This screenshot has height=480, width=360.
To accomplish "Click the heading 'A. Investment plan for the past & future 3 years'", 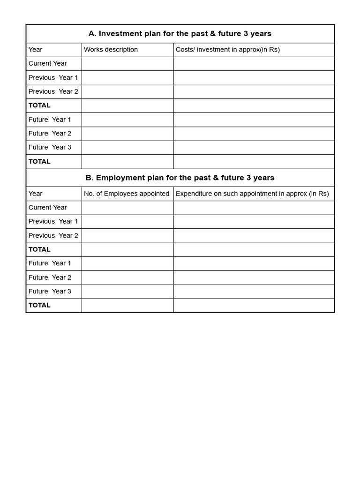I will click(x=180, y=34).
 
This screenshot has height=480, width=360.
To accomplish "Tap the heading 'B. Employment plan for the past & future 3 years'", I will click(x=180, y=178).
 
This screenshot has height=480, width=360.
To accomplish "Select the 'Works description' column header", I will click(x=111, y=50).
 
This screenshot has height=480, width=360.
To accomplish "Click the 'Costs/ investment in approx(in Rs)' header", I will click(x=227, y=50).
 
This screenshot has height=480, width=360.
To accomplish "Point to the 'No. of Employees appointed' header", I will click(x=127, y=194).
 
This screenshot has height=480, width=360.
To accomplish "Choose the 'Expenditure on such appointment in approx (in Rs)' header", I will click(x=252, y=194).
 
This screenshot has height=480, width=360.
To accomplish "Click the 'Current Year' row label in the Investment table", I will click(x=47, y=63).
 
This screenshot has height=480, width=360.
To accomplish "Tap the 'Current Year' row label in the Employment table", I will click(x=47, y=207).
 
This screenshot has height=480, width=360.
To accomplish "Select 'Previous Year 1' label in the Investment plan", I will click(x=53, y=77).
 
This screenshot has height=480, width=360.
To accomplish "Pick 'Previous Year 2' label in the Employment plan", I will click(x=53, y=235).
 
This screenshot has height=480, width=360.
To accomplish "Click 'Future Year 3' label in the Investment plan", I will click(x=50, y=147).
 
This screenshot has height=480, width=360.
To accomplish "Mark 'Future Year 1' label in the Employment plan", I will click(x=50, y=263).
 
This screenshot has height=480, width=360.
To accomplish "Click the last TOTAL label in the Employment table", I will click(x=39, y=305).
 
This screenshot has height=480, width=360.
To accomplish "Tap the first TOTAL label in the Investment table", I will click(x=39, y=105).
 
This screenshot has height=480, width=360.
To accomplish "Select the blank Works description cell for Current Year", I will click(x=127, y=63).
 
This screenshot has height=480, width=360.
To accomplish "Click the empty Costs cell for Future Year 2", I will click(x=254, y=133).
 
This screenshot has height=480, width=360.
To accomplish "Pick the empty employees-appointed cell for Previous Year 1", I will click(x=127, y=221).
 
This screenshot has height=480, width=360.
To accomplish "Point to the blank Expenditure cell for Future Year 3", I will click(x=254, y=291).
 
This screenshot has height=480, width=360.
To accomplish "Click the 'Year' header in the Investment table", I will click(x=35, y=50).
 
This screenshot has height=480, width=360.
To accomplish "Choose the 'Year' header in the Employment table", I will click(x=35, y=194).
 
